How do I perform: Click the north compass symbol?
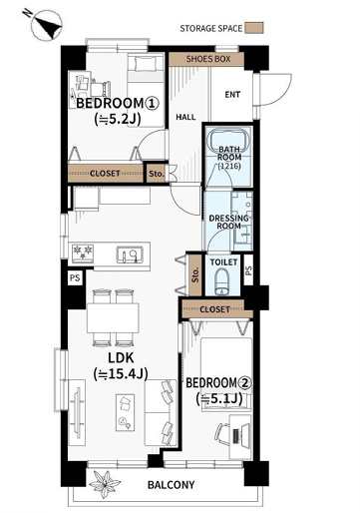click(46, 25)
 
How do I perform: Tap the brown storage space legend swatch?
click(254, 28)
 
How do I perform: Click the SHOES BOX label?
click(208, 59)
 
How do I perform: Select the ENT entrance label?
click(232, 95)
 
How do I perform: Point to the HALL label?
click(185, 117)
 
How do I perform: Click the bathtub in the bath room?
click(228, 140)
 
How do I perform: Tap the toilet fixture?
click(222, 281)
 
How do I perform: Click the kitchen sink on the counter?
click(130, 256)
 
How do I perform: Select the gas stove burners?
click(83, 254)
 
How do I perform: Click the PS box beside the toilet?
click(248, 270)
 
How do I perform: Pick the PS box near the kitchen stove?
click(75, 277)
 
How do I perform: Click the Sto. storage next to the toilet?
click(195, 274)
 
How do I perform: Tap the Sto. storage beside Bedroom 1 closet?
click(157, 174)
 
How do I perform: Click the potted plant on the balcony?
click(105, 484)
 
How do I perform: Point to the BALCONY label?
click(171, 485)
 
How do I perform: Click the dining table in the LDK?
click(113, 317)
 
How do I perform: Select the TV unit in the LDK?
click(77, 413)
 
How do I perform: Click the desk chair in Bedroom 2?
click(222, 434)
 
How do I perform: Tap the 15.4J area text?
click(121, 374)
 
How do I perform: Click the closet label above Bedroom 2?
click(214, 309)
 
